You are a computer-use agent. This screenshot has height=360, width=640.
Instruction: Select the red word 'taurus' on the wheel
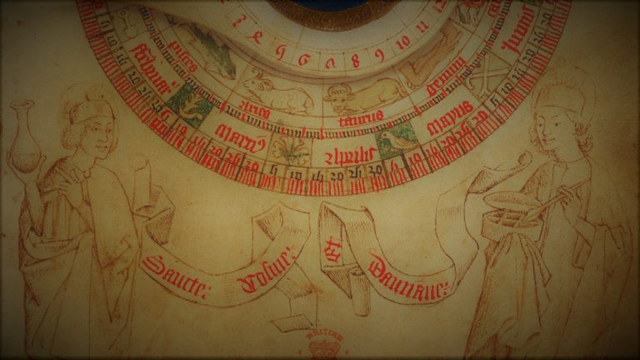[x=361, y=117]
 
